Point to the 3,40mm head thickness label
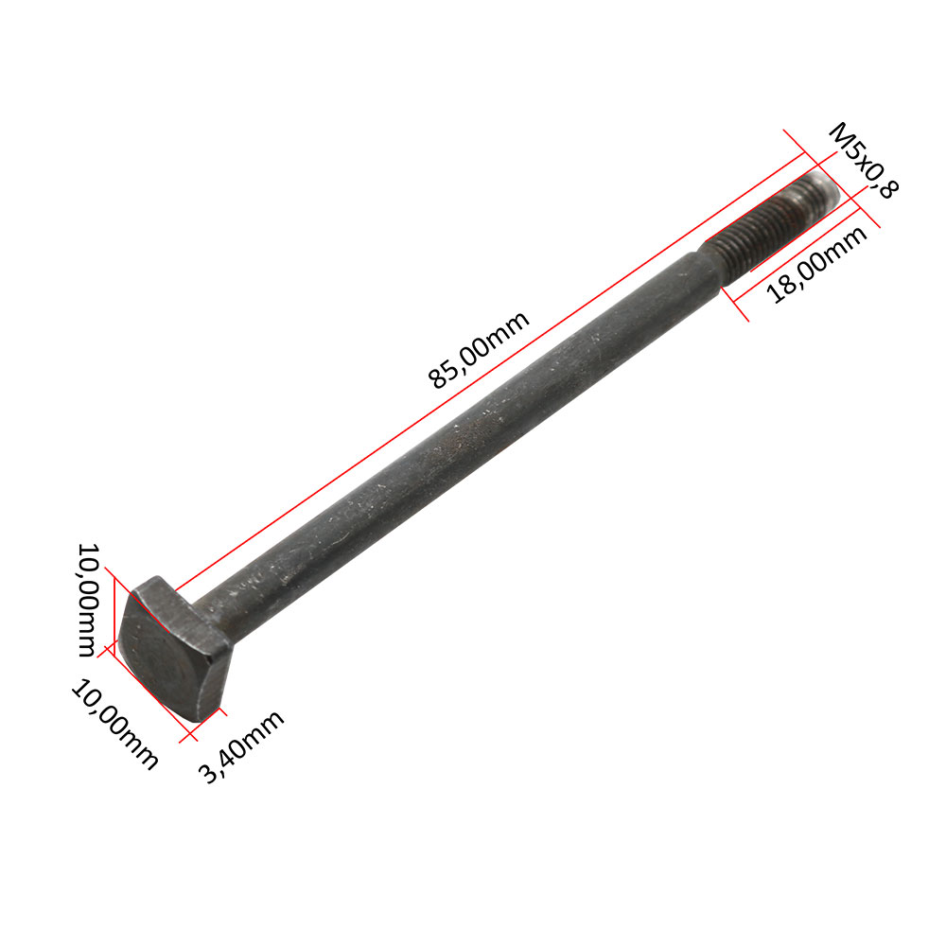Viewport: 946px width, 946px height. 241,746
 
